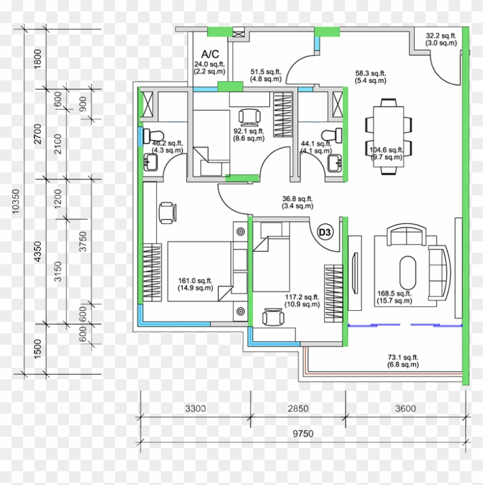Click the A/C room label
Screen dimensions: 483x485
[x=210, y=54]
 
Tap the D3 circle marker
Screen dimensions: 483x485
[x=325, y=232]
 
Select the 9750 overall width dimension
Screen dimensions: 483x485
[x=303, y=434]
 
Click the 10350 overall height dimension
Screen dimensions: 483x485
[x=16, y=202]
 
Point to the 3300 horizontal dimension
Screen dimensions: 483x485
[x=195, y=409]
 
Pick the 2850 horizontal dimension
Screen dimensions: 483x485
[x=298, y=409]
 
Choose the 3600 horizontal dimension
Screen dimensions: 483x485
[x=405, y=409]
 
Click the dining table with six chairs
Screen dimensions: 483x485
[x=389, y=137]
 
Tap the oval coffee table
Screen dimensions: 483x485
[x=408, y=272]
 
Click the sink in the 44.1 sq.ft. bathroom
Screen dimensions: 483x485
[x=335, y=163]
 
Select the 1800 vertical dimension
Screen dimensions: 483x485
[x=37, y=59]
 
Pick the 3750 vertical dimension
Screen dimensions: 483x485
[x=83, y=241]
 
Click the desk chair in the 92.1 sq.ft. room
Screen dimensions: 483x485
[x=250, y=117]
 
